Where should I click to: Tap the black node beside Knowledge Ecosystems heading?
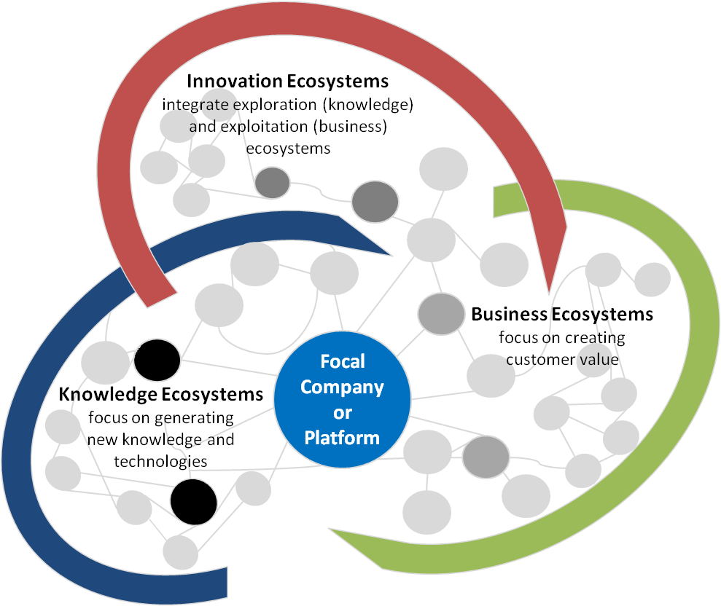[x=157, y=358]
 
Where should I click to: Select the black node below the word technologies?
[x=193, y=501]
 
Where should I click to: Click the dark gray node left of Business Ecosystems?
[x=441, y=312]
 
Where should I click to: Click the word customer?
[x=536, y=358]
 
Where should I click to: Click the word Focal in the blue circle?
[x=342, y=361]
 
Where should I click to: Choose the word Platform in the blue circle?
[x=342, y=438]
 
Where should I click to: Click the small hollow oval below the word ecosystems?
[x=271, y=182]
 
